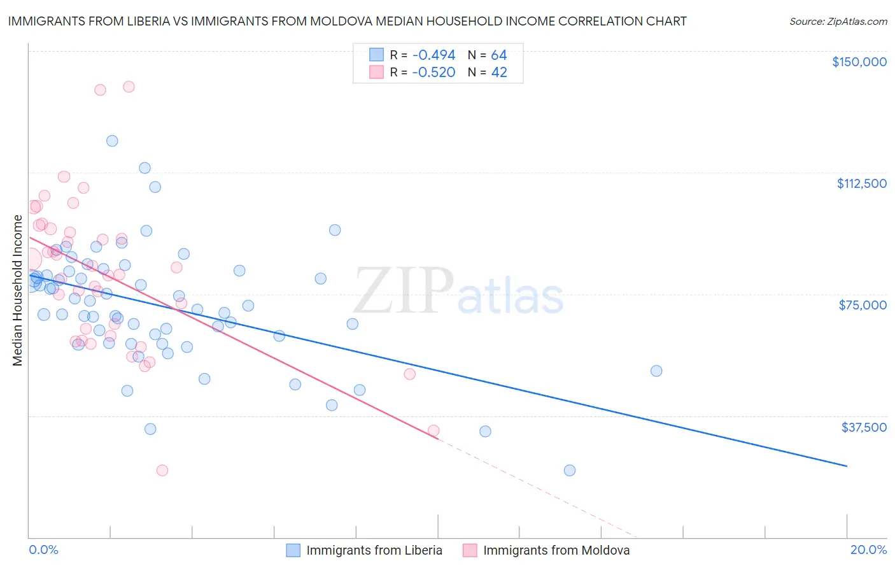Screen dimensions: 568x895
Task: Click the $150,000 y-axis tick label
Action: [x=859, y=62]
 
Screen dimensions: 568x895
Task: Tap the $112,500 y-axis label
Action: [x=861, y=183]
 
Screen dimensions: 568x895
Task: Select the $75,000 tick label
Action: [x=863, y=305]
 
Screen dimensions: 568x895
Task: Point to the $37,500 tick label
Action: [x=864, y=427]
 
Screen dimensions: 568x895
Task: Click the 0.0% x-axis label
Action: [x=43, y=550]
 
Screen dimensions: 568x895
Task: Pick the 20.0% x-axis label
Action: [x=868, y=550]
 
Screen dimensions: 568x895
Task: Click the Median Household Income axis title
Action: [x=17, y=290]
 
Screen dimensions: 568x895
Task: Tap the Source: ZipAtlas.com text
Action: [x=838, y=22]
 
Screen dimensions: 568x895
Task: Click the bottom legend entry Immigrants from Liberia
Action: [x=374, y=550]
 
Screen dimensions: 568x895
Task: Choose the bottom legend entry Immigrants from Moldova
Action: [x=556, y=550]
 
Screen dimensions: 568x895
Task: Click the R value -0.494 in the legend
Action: [x=433, y=55]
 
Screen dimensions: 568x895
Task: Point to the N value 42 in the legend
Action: [x=499, y=73]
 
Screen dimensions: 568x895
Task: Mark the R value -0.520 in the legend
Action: [x=433, y=73]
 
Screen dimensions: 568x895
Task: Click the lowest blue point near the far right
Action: [x=570, y=471]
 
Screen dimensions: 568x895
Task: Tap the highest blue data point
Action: [x=112, y=141]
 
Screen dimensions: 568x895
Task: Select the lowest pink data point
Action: [x=162, y=471]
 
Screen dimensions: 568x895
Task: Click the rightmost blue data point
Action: [x=656, y=371]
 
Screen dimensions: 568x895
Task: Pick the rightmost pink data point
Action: [x=433, y=430]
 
